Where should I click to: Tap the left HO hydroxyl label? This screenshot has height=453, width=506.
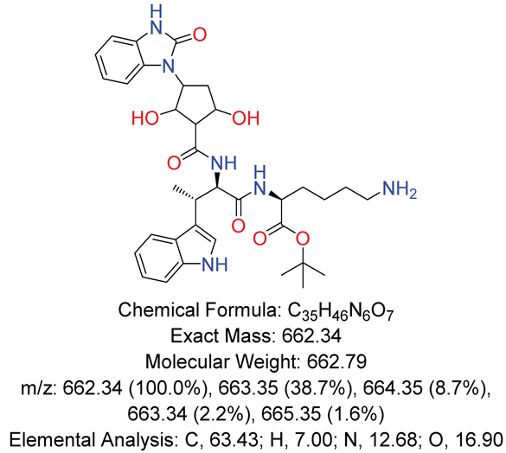(145, 118)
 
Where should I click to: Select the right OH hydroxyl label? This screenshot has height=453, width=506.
(246, 118)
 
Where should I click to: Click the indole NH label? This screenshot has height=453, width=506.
(215, 265)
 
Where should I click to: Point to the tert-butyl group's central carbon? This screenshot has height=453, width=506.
(303, 264)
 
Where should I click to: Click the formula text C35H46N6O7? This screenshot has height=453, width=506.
(340, 310)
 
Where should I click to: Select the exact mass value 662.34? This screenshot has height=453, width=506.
(311, 336)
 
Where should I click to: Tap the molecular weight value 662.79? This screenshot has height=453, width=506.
(336, 361)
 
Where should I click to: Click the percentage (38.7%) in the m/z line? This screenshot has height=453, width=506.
(324, 388)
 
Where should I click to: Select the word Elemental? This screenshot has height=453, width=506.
(52, 439)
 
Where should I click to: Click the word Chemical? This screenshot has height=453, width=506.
(158, 310)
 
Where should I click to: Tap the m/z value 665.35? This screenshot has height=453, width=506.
(291, 413)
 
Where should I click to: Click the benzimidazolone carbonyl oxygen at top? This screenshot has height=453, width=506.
(200, 35)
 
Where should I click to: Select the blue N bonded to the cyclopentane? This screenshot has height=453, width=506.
(167, 67)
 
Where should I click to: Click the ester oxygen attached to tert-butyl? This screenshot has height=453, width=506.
(303, 239)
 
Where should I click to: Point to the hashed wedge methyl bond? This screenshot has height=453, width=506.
(184, 193)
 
